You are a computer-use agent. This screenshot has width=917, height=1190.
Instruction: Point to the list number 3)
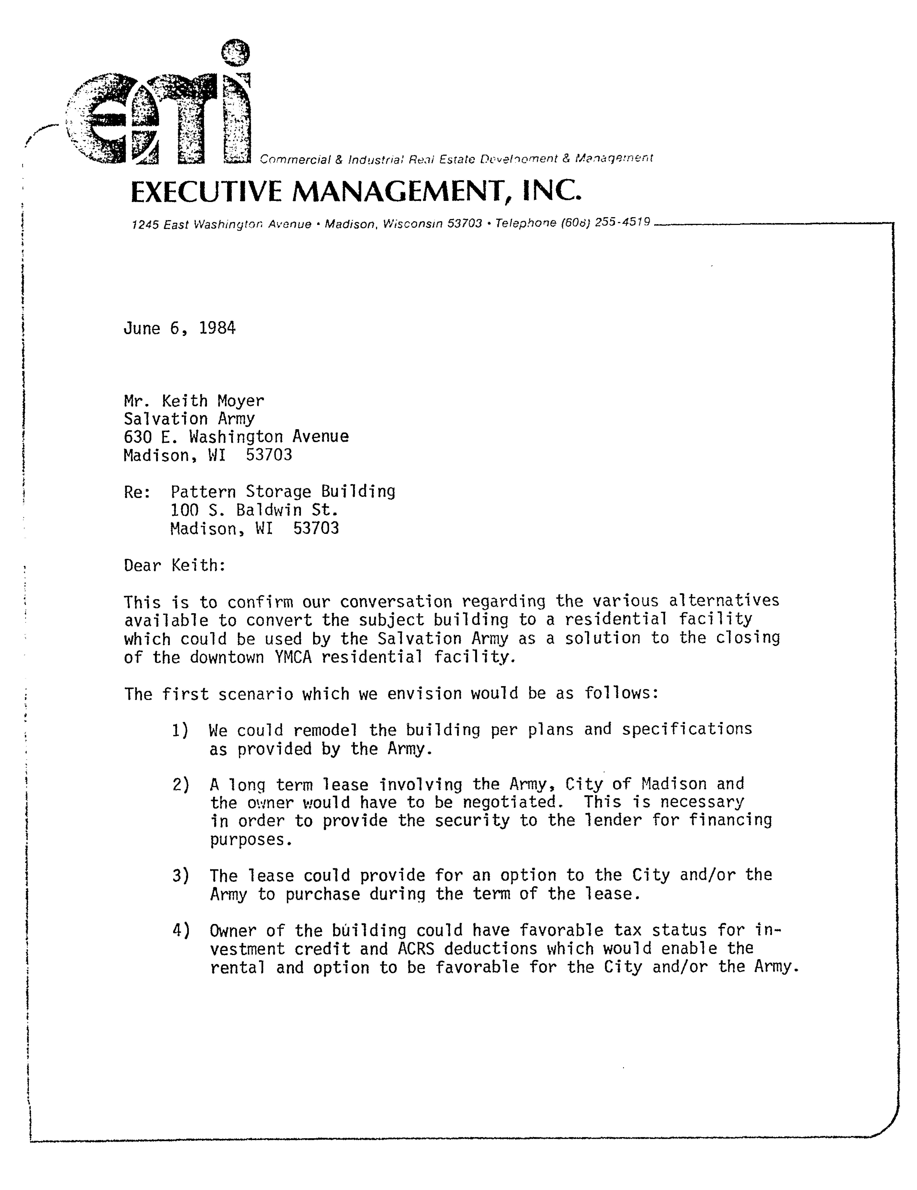[x=180, y=876]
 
